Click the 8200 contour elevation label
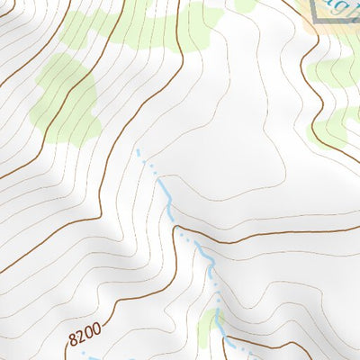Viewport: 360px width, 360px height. (x=82, y=336)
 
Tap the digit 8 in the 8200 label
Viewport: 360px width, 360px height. (x=72, y=342)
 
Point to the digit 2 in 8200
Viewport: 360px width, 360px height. (x=78, y=337)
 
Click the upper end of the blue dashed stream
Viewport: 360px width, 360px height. (x=138, y=150)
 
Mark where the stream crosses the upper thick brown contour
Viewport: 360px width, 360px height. (x=193, y=239)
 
